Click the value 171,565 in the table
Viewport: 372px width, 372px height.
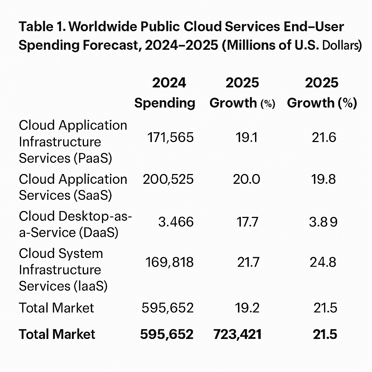tap(170, 138)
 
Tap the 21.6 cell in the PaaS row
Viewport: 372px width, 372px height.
tap(324, 138)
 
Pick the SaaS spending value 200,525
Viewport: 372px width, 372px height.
tap(168, 179)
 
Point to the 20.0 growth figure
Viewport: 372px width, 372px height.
tap(247, 179)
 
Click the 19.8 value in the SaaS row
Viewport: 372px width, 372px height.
tap(323, 179)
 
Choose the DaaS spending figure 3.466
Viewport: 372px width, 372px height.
tap(176, 222)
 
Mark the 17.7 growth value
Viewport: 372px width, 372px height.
tap(247, 222)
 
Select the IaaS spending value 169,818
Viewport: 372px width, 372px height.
tap(169, 262)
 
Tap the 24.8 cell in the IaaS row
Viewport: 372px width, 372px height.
tap(323, 262)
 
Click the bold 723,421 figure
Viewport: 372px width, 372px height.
tap(237, 334)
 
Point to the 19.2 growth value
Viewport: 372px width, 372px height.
tap(247, 308)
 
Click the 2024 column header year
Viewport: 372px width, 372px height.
tap(169, 83)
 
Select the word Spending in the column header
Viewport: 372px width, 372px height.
tap(165, 103)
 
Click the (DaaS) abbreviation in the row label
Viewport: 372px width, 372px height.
tap(98, 232)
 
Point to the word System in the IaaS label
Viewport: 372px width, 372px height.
tap(82, 253)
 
